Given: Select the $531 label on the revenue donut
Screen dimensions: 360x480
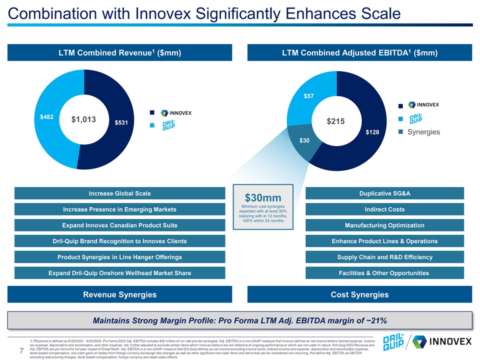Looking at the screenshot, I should [x=121, y=122].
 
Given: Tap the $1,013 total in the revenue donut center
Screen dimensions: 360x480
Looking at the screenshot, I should [x=83, y=119].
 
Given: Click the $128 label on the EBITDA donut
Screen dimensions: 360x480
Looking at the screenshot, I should [x=372, y=132].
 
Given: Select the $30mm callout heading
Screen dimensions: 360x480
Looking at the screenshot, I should [x=263, y=198].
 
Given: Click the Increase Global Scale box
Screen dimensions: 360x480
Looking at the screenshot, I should [x=119, y=193].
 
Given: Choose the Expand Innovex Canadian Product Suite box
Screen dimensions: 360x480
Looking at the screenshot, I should [x=119, y=225].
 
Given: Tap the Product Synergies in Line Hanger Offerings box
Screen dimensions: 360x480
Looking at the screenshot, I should [x=119, y=257].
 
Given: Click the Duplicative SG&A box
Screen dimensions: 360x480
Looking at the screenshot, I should [x=384, y=193].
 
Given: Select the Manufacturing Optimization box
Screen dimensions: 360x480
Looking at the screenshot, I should [x=384, y=225].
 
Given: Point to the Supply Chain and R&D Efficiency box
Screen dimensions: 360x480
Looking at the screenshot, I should [x=384, y=257].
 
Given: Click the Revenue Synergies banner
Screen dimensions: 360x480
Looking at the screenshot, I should [x=119, y=294].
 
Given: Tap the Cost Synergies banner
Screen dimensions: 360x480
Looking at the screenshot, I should [x=359, y=294].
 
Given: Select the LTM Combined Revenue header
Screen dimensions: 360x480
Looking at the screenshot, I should [x=119, y=53].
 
